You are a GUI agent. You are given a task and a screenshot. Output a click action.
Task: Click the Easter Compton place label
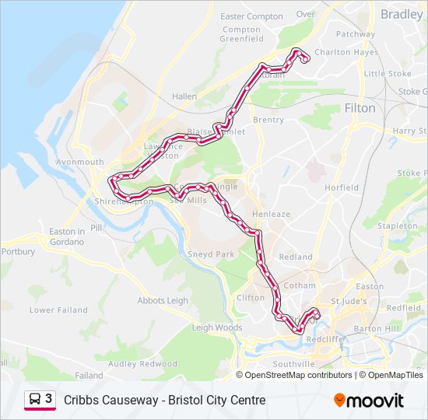tap(251, 16)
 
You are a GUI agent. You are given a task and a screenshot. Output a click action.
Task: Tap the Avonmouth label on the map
tap(79, 163)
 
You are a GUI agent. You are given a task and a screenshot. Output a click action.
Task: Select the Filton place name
tap(360, 108)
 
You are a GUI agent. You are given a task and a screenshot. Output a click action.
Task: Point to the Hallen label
tap(184, 96)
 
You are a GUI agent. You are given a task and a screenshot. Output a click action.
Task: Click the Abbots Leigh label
tap(163, 301)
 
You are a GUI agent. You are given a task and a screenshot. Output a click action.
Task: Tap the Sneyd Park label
tap(211, 254)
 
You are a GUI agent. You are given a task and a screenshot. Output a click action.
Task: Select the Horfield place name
tap(342, 187)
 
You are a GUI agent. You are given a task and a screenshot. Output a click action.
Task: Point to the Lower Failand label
tap(58, 310)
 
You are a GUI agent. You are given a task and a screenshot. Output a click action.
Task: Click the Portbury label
tap(18, 252)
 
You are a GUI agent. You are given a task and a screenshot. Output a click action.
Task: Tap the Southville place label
tap(293, 363)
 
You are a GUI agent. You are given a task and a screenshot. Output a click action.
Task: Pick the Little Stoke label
tap(388, 74)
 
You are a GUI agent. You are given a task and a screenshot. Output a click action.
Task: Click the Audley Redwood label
tap(143, 363)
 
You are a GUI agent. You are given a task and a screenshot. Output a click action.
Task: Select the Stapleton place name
tap(397, 226)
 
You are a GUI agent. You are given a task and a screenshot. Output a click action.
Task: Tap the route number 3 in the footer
tap(49, 399)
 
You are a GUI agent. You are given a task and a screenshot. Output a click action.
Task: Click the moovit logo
tap(369, 400)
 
